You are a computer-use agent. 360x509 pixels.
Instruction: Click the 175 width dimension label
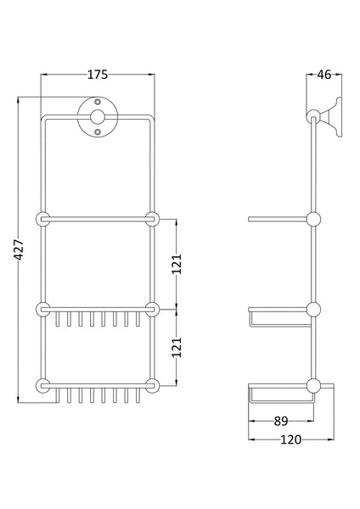pos(98,75)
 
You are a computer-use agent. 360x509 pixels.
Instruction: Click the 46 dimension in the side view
pos(323,75)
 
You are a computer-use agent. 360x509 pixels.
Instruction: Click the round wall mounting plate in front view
pos(98,120)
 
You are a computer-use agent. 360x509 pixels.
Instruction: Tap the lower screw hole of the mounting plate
pos(98,131)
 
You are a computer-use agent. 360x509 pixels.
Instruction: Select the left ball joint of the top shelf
pos(42,219)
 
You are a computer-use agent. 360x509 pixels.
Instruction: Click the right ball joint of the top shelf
pos(153,219)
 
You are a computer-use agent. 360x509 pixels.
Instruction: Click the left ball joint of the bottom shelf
pos(42,386)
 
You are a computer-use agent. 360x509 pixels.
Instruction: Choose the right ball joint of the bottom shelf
pos(153,386)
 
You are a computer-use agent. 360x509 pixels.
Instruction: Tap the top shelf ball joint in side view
pos(314,219)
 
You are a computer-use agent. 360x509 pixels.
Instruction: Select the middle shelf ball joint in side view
pos(314,308)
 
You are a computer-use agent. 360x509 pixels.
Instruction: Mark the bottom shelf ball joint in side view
pos(314,386)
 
